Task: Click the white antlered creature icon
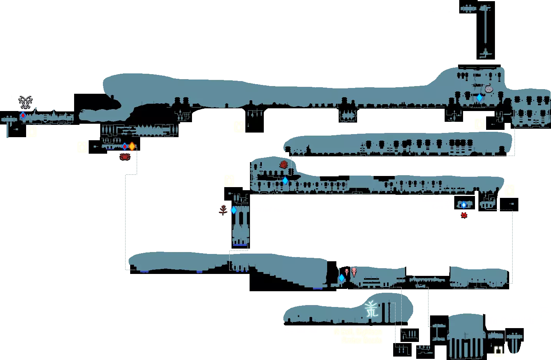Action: [26, 102]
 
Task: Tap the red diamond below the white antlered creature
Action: [23, 115]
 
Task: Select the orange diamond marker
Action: [132, 146]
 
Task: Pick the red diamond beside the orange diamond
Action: [125, 146]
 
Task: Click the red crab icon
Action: [125, 156]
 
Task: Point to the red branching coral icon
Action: [223, 210]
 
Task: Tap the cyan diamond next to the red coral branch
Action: [233, 210]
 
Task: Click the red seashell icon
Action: [284, 165]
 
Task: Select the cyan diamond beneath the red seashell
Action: [285, 180]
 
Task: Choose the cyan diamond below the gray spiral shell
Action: [479, 98]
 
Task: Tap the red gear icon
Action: [464, 215]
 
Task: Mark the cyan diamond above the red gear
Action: [463, 205]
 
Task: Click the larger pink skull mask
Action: [354, 272]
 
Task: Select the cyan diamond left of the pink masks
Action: [341, 277]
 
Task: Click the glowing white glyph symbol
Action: [371, 309]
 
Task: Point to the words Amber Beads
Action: [361, 340]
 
